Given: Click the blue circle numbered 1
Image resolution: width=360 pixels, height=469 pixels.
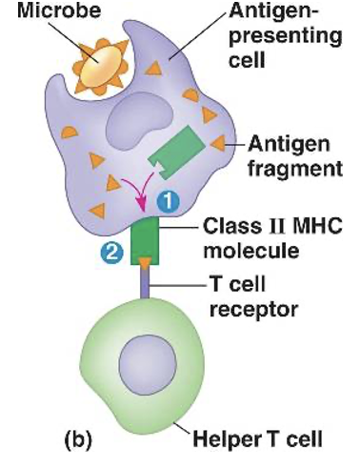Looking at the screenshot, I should click(167, 201).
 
